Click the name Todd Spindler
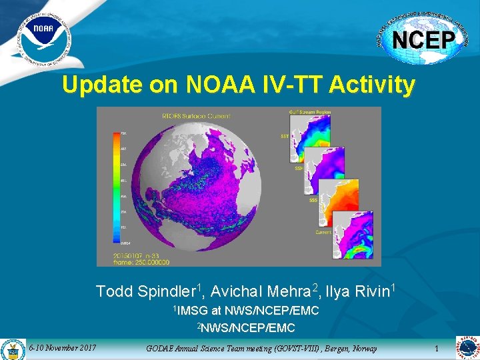(145, 291)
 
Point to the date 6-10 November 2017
(63, 348)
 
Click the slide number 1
(437, 349)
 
